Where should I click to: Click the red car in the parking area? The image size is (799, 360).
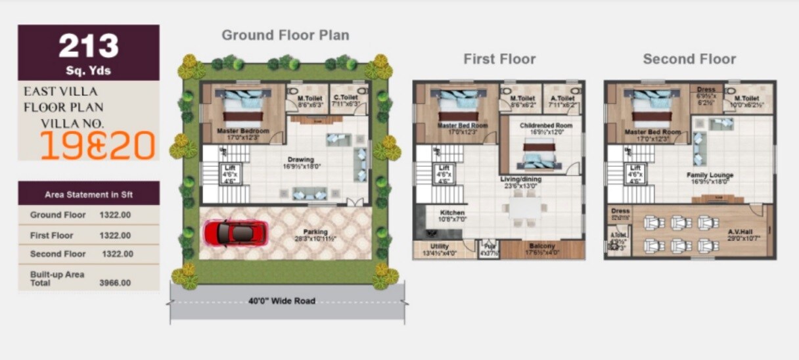coord(235,233)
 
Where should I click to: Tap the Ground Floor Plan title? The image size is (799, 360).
coord(285,35)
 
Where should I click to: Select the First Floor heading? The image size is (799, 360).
coord(499,59)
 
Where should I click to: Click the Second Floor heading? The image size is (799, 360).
coord(689,59)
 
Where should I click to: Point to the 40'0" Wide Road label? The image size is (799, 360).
coord(282,302)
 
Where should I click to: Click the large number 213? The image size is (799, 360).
coord(89,46)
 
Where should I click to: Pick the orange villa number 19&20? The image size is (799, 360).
coord(98,145)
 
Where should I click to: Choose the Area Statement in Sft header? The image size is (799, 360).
coord(88,194)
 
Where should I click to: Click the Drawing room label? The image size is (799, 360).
coord(301,160)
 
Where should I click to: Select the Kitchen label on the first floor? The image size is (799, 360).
coord(453,213)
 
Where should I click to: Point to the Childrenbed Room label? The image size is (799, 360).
coord(546,125)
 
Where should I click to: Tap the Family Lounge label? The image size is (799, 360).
coord(710,175)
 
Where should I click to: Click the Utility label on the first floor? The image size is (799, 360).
coord(439,246)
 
